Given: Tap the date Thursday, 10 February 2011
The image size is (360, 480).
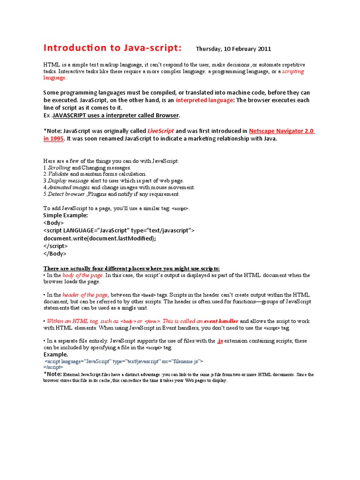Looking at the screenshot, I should pyautogui.click(x=233, y=49).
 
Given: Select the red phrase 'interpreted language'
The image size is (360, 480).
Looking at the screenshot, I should pyautogui.click(x=204, y=100).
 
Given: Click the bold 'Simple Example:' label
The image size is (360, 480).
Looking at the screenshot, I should pyautogui.click(x=66, y=215).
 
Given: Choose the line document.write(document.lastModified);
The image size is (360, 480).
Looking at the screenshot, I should pyautogui.click(x=99, y=238).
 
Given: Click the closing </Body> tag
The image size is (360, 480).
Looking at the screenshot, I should pyautogui.click(x=55, y=253).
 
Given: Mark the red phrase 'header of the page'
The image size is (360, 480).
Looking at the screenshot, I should pyautogui.click(x=85, y=295).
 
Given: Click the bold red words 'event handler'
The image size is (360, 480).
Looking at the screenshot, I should pyautogui.click(x=221, y=321).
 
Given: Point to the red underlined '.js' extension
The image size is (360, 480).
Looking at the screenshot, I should pyautogui.click(x=219, y=341).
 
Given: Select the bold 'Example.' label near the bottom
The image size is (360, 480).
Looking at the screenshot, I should pyautogui.click(x=56, y=354).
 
